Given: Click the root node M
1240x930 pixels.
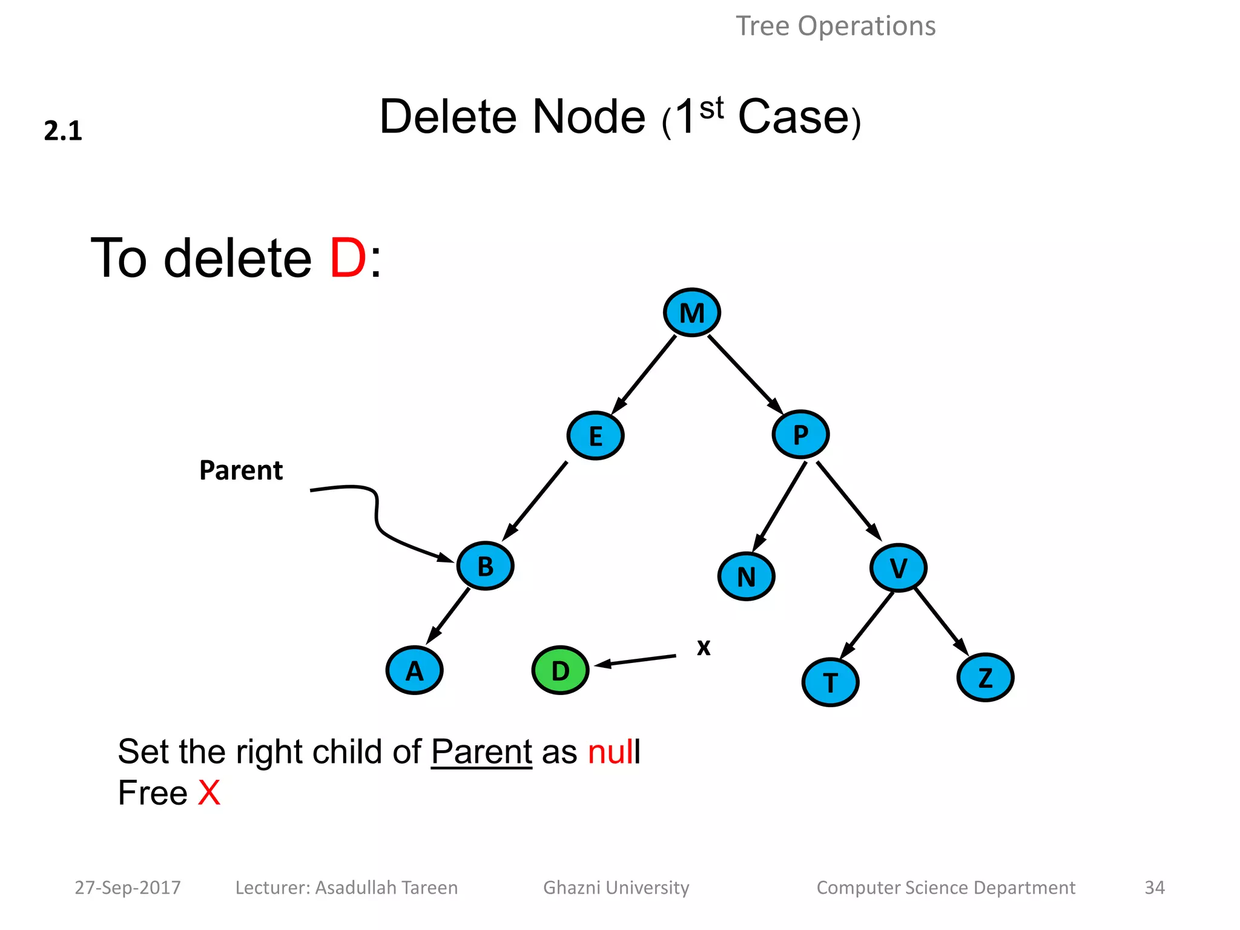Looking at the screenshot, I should pyautogui.click(x=691, y=312).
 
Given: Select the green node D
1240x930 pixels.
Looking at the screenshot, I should pyautogui.click(x=560, y=670).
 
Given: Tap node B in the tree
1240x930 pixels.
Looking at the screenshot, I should pyautogui.click(x=485, y=566).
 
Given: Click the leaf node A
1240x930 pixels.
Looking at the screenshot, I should pyautogui.click(x=414, y=671).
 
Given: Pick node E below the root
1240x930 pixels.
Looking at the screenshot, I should pyautogui.click(x=595, y=436).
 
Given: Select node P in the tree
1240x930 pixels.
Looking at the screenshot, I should pyautogui.click(x=800, y=434).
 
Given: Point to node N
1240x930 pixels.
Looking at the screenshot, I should pyautogui.click(x=746, y=576).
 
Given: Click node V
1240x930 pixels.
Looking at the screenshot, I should pyautogui.click(x=898, y=568).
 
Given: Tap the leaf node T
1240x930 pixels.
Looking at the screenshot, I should pyautogui.click(x=830, y=682).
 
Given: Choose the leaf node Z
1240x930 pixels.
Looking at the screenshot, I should pyautogui.click(x=985, y=678).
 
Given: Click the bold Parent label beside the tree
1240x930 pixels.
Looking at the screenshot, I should pyautogui.click(x=241, y=470).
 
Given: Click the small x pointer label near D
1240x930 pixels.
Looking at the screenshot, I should pyautogui.click(x=703, y=647).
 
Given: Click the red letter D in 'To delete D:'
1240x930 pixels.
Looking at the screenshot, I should pyautogui.click(x=348, y=259).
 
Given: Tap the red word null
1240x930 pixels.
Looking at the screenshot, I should pyautogui.click(x=613, y=752).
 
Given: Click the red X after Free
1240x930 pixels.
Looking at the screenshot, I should pyautogui.click(x=209, y=793).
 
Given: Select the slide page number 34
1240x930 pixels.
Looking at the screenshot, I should pyautogui.click(x=1154, y=888).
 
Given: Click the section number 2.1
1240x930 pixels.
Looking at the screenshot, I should pyautogui.click(x=63, y=131).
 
